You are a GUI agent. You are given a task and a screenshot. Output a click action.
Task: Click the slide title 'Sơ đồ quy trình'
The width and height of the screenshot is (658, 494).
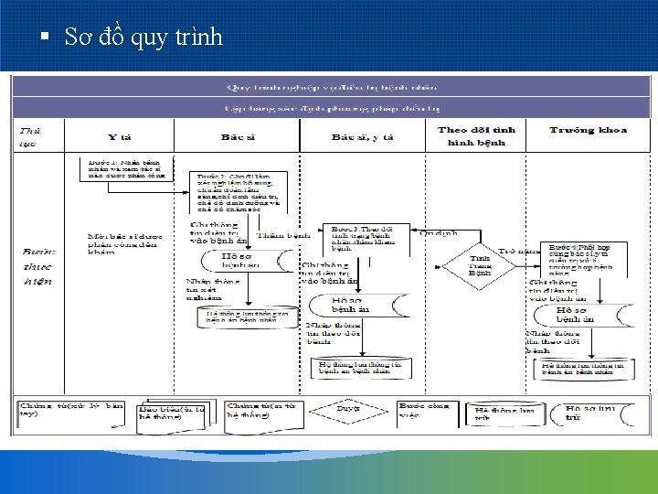143,38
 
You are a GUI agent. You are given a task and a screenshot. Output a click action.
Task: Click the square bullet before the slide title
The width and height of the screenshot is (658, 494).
44,38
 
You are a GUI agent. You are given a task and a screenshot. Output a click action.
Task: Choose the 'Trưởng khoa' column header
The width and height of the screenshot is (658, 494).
588,130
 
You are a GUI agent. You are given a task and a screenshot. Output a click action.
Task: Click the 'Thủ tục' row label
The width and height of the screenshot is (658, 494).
30,136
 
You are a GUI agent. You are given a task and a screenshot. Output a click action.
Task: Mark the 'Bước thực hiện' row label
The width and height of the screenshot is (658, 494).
37,265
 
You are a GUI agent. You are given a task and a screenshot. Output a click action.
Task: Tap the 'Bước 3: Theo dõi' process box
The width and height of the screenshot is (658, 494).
363,236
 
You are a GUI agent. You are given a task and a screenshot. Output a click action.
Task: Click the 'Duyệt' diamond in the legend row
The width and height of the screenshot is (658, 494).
347,409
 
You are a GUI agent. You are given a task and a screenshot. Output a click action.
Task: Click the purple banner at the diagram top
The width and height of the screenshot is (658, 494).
331,87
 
